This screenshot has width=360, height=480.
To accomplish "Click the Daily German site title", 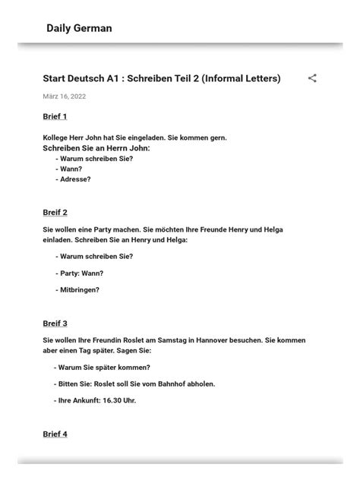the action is [79, 28].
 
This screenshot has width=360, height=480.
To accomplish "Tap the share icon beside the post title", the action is [312, 78].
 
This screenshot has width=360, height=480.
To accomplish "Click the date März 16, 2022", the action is [64, 96].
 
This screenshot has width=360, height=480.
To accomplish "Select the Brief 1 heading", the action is [55, 116].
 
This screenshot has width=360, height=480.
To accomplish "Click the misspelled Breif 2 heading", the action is [55, 212].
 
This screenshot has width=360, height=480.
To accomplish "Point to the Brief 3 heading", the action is [55, 323].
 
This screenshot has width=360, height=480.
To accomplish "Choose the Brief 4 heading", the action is [55, 434].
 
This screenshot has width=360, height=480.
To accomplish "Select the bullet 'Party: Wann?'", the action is [81, 273].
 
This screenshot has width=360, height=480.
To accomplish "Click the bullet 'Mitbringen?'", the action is [79, 289].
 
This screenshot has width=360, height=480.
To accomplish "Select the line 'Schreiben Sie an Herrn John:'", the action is [96, 148].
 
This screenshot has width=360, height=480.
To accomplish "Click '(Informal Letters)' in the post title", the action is [242, 78].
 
